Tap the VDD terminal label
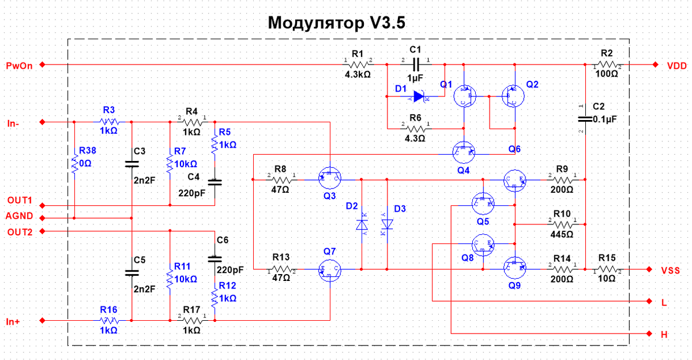[676, 65]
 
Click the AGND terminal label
[20, 217]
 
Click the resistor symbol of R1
[359, 65]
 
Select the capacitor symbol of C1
[415, 65]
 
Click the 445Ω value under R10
[562, 234]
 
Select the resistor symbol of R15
[607, 269]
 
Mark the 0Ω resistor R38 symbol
[74, 164]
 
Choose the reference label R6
[415, 118]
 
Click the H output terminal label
[664, 334]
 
